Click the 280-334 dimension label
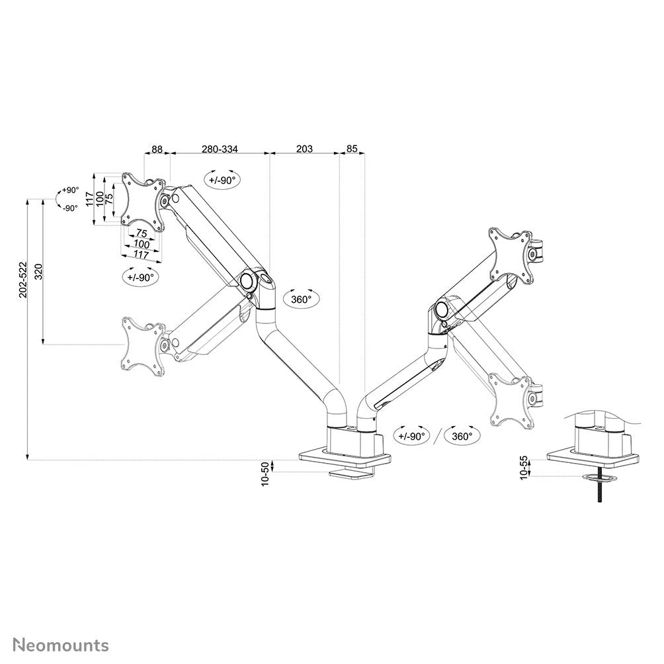pos(220,149)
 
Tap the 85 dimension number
pos(351,149)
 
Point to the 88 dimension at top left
pos(157,149)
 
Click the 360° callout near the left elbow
pos(301,299)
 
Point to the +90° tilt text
pos(70,190)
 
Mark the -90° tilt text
pos(70,207)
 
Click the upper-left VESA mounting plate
pos(143,201)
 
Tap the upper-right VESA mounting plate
pos(511,255)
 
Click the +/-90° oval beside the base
pos(411,436)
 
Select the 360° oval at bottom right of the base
pos(462,436)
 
